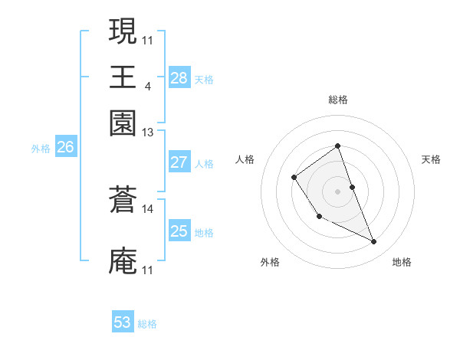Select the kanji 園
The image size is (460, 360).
click(x=123, y=123)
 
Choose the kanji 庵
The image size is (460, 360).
click(x=123, y=261)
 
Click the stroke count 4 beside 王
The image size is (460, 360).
click(x=147, y=85)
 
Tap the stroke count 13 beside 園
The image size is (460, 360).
click(x=147, y=133)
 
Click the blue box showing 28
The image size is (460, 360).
click(x=179, y=78)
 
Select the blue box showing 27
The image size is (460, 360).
click(x=179, y=162)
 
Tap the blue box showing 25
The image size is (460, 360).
click(x=179, y=231)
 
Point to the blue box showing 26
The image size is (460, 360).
click(x=65, y=148)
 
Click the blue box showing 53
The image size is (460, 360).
click(x=123, y=322)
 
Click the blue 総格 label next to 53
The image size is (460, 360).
click(x=147, y=324)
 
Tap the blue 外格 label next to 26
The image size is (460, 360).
click(x=41, y=149)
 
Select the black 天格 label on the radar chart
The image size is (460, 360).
click(x=432, y=159)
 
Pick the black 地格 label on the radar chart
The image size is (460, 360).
click(x=402, y=262)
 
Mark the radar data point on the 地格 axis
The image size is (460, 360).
click(x=374, y=242)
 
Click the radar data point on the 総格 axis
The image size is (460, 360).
click(x=337, y=146)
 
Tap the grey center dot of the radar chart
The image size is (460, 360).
click(x=337, y=191)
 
